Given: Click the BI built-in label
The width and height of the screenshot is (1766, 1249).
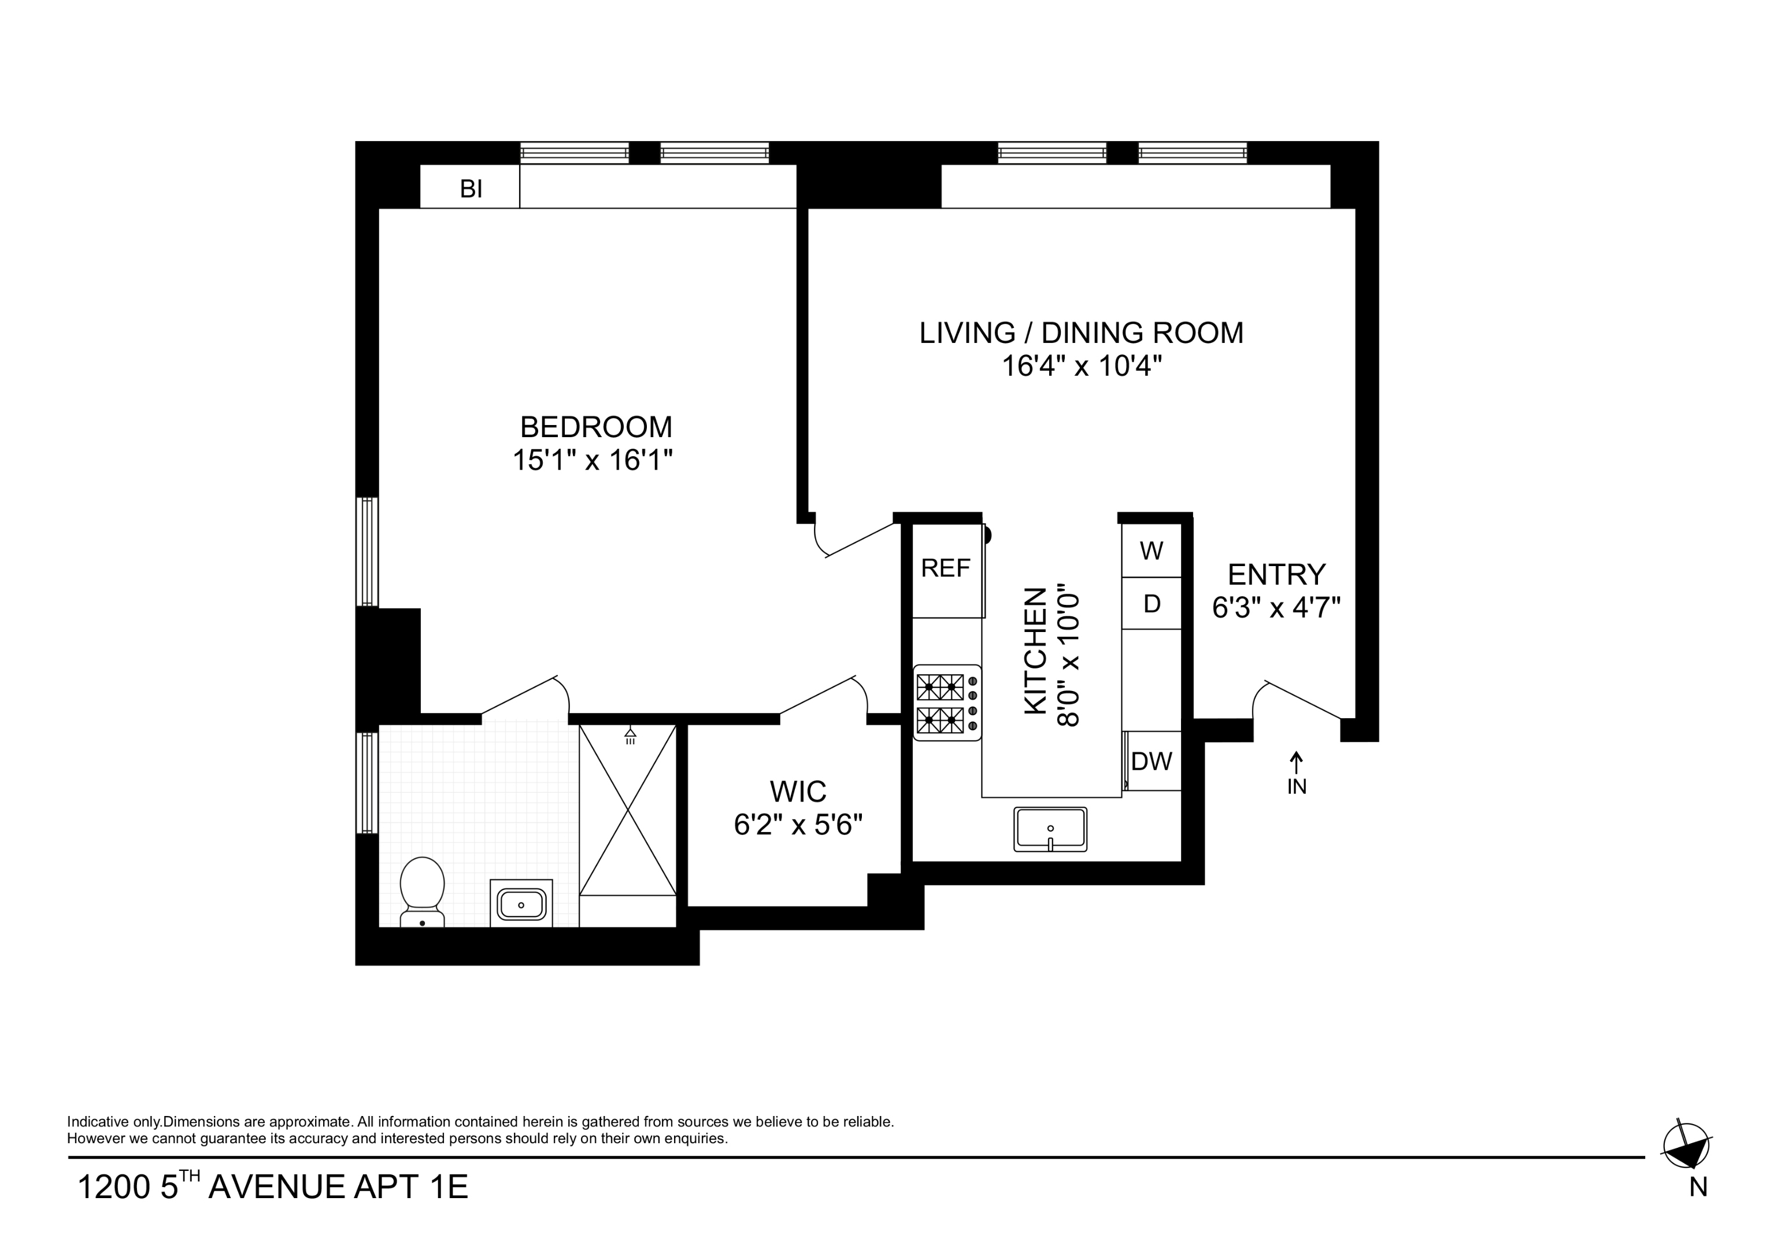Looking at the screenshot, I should point(471,189).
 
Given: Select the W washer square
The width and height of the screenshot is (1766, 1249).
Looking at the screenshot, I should point(1151,550).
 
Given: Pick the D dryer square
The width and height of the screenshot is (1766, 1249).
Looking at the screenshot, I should point(1151,604).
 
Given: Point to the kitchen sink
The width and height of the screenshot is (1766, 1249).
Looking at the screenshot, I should point(1050,828).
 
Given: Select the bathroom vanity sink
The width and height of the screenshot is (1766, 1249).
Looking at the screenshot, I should point(521,903).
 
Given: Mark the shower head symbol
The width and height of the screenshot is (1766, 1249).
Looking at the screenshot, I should point(630,735).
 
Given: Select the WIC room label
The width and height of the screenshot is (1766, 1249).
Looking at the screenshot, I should point(798,791).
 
